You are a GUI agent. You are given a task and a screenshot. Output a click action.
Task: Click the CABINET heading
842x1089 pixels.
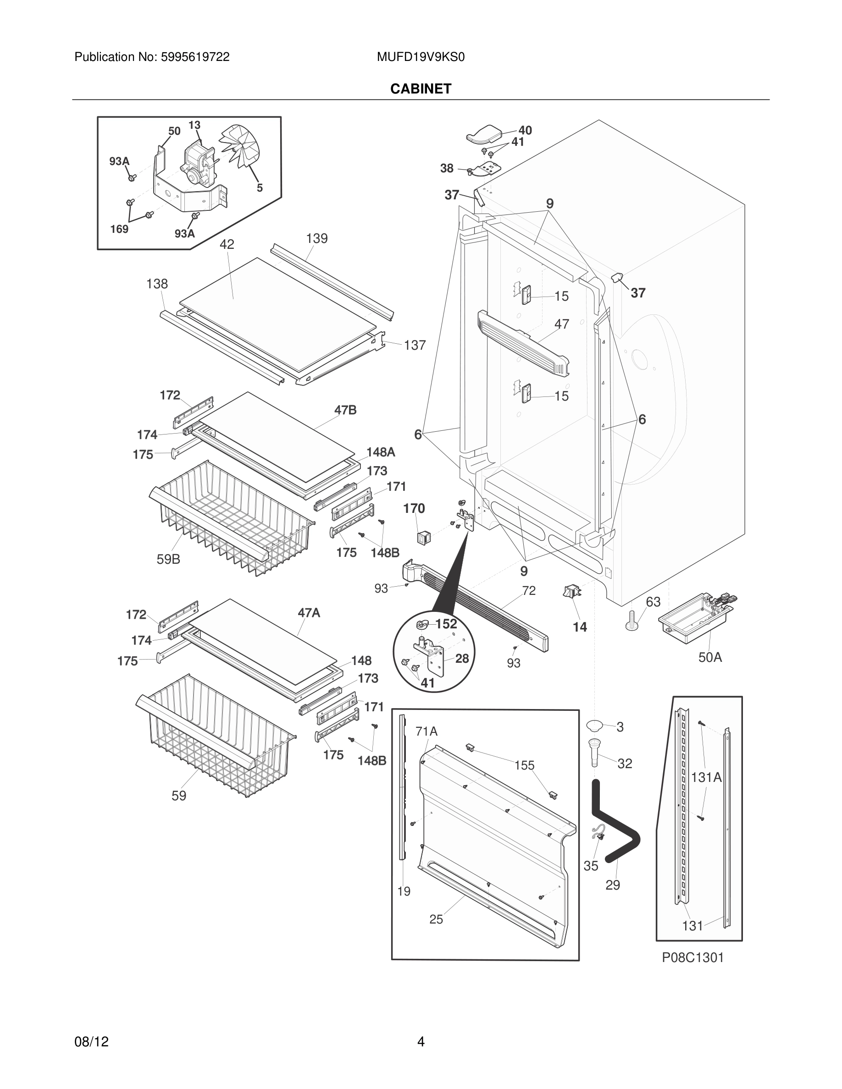[x=421, y=89]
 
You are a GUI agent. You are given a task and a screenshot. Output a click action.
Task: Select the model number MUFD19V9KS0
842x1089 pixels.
[x=421, y=57]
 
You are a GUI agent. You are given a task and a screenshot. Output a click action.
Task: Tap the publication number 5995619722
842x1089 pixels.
[x=195, y=57]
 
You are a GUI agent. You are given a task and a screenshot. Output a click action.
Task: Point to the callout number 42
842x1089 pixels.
[x=227, y=244]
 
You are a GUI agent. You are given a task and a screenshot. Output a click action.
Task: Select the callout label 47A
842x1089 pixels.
[x=309, y=613]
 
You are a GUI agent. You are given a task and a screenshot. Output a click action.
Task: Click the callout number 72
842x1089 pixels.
[x=529, y=590]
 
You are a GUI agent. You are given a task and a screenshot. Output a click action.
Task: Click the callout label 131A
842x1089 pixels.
[x=706, y=777]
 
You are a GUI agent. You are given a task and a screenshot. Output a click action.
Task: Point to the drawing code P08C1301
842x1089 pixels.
[x=693, y=957]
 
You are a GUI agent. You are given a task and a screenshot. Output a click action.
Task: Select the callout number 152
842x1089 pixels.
[x=446, y=624]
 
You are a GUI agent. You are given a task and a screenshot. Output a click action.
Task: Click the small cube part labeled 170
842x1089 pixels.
[x=423, y=538]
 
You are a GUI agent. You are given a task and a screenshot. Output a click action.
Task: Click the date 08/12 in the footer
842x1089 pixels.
[x=92, y=1041]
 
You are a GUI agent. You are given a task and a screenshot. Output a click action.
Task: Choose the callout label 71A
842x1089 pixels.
[x=427, y=731]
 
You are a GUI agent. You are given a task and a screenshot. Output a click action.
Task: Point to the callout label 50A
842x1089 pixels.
[x=710, y=657]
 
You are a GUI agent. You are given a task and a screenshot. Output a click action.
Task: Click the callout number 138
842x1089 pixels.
[x=157, y=284]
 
